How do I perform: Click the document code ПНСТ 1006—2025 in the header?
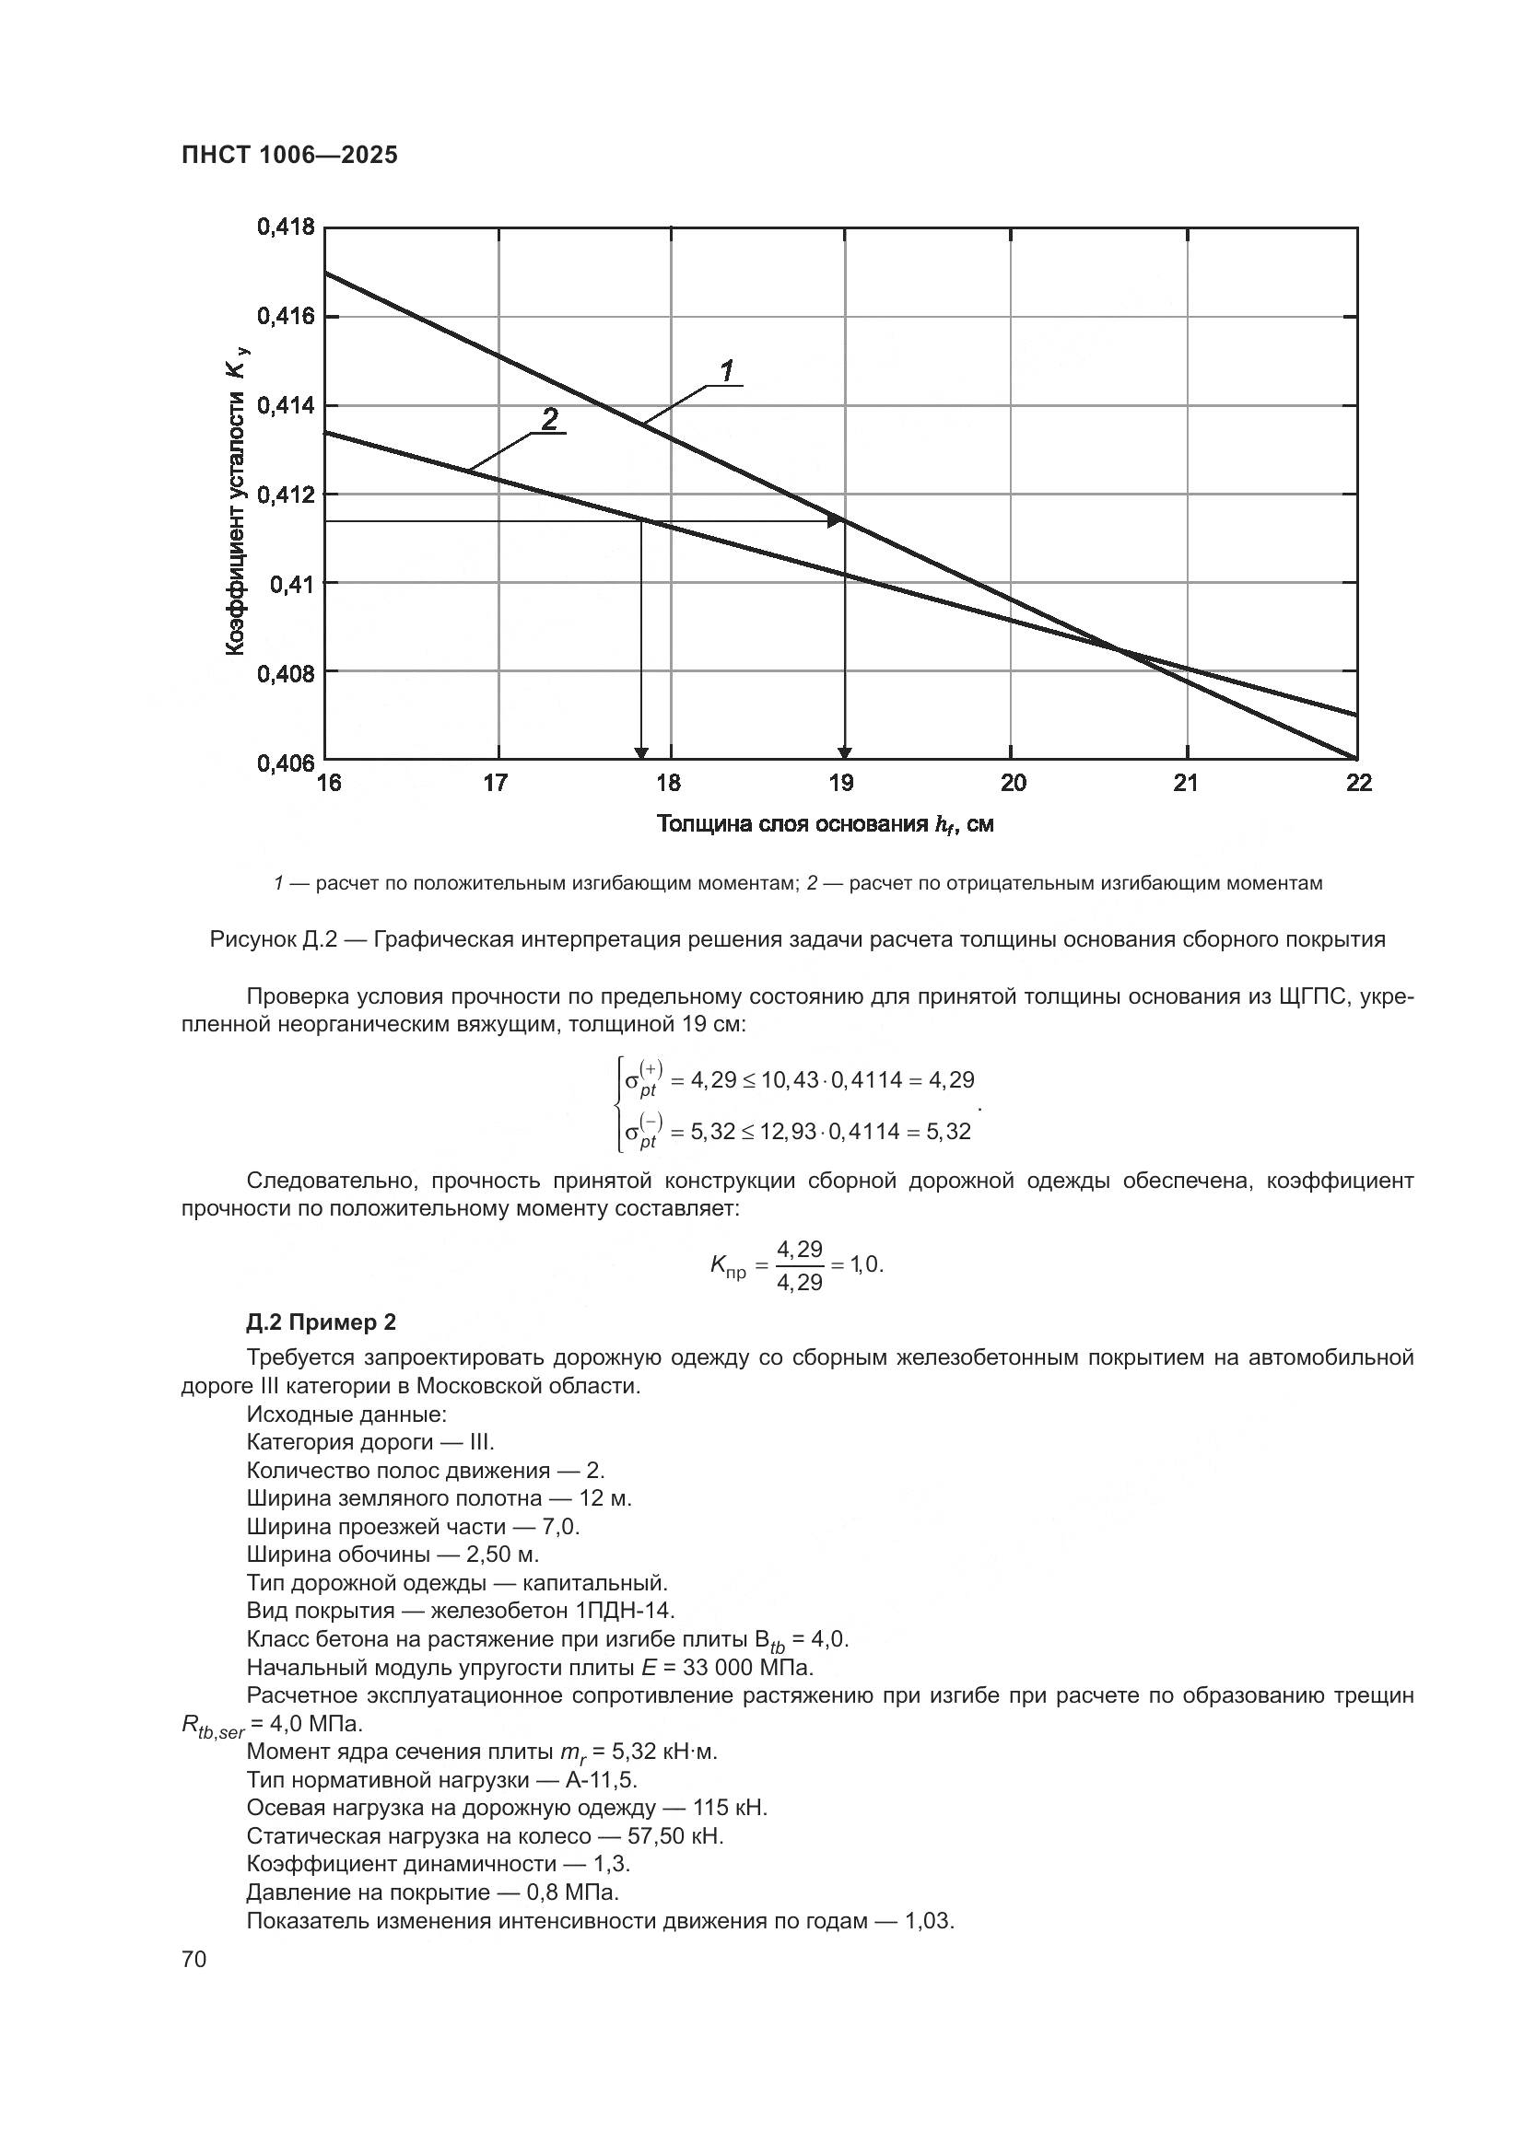point(289,156)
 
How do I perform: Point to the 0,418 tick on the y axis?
point(286,227)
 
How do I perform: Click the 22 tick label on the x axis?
point(1358,784)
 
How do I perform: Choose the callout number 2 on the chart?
point(550,418)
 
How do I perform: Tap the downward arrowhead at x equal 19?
point(845,752)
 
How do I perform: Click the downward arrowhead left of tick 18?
point(641,752)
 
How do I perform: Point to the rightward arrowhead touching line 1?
point(834,521)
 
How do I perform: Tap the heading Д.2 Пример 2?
point(321,1322)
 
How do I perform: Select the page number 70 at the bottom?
point(193,1959)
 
